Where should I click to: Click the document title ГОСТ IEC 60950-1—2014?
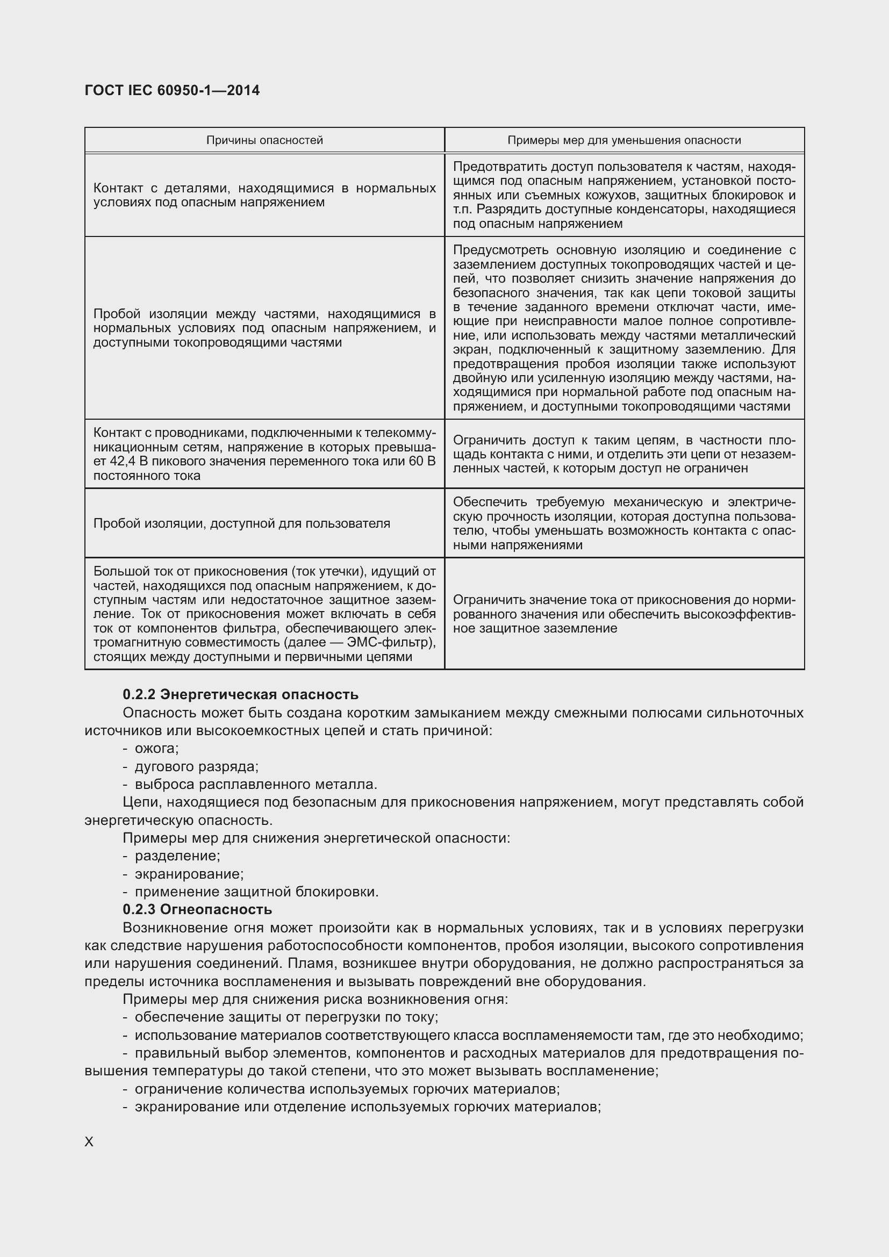172,90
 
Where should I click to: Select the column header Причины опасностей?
264,140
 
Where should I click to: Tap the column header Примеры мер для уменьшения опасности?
624,140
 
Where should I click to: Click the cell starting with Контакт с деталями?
264,195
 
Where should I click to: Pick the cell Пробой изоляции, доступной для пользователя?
241,523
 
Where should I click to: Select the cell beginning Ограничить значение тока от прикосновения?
624,614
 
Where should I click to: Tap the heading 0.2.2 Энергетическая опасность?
240,694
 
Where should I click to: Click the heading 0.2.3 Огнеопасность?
197,909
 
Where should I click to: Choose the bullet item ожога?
156,748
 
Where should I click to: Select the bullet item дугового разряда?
197,766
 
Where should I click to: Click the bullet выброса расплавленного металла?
256,784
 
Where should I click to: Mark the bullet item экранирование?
189,874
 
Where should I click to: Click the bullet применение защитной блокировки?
256,892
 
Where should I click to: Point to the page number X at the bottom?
89,1141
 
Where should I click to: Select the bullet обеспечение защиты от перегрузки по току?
286,1017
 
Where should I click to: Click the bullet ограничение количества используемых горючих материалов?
347,1089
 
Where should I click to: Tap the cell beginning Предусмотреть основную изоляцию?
624,328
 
